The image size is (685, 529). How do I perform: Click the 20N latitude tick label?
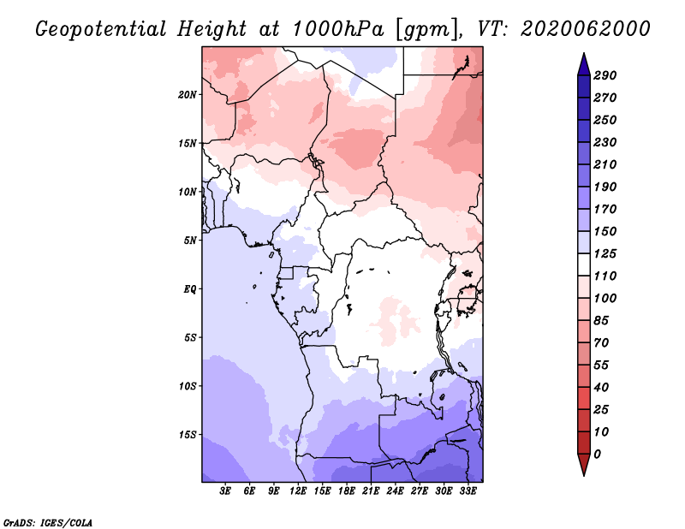[187, 95]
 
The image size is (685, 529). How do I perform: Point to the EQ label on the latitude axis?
[189, 289]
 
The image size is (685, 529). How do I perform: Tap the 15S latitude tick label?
[188, 435]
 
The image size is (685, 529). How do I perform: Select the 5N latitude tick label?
[190, 241]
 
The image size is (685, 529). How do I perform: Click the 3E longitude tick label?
[224, 491]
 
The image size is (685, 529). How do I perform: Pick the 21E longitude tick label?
[371, 491]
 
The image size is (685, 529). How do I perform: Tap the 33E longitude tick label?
[468, 491]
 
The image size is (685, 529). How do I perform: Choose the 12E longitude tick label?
[297, 491]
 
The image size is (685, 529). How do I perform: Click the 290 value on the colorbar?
[605, 75]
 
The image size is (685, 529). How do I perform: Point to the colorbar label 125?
[605, 253]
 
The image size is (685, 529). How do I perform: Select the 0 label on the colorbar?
[597, 455]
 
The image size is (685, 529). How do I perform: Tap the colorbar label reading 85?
[601, 321]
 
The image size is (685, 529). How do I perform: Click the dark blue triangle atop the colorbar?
[584, 65]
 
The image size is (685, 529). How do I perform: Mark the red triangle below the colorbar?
[584, 463]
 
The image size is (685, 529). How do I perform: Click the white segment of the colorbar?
[584, 264]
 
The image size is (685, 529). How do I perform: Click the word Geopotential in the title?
[101, 30]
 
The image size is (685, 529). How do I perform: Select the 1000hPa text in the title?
[337, 29]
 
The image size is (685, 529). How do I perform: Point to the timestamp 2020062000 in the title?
[586, 29]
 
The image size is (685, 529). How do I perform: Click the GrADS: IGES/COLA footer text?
[48, 522]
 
